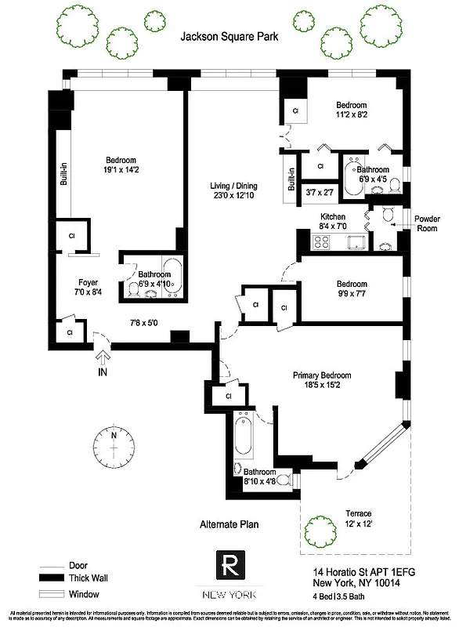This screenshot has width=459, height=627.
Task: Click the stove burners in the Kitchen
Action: click(321, 241)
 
